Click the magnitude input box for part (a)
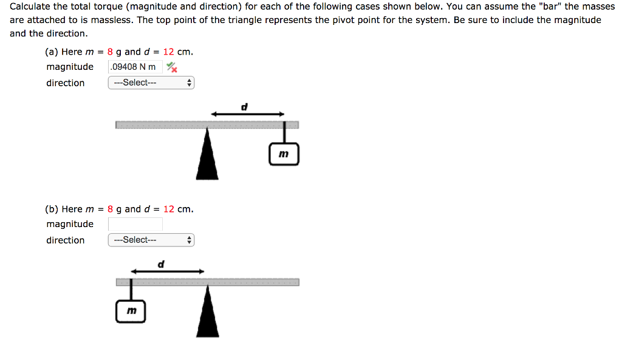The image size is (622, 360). click(135, 67)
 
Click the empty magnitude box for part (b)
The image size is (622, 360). click(135, 224)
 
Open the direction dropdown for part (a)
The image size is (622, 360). click(151, 83)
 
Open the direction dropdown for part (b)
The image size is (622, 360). click(151, 240)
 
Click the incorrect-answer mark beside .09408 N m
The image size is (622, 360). click(173, 67)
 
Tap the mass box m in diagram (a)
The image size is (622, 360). click(284, 154)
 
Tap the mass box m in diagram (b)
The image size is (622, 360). click(131, 311)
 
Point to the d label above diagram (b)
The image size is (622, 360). click(161, 264)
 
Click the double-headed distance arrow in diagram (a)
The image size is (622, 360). click(247, 114)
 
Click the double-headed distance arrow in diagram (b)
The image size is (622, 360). click(167, 271)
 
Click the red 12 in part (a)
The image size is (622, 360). click(168, 52)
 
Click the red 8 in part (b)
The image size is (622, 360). click(111, 209)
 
